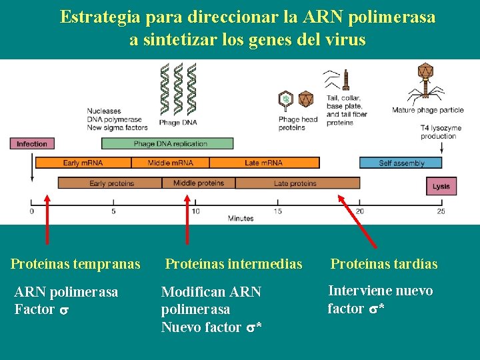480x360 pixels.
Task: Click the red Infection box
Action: click(x=32, y=143)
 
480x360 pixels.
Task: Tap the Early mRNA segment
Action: click(x=83, y=162)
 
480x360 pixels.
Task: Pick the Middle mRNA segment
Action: click(x=170, y=162)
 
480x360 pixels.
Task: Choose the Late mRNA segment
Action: click(x=264, y=162)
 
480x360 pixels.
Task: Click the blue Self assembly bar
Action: click(x=401, y=163)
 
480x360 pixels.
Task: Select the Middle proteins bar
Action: click(x=199, y=183)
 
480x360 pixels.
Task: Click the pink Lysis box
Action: click(x=441, y=186)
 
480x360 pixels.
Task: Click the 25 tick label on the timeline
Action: click(x=441, y=211)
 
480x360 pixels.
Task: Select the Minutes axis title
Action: click(x=241, y=219)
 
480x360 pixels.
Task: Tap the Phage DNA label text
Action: click(x=178, y=123)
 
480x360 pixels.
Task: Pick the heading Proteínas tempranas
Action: click(x=75, y=264)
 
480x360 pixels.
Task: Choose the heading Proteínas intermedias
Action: click(x=233, y=264)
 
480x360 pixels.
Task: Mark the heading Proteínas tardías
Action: click(x=384, y=264)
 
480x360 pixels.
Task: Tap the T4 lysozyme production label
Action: click(x=438, y=131)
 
